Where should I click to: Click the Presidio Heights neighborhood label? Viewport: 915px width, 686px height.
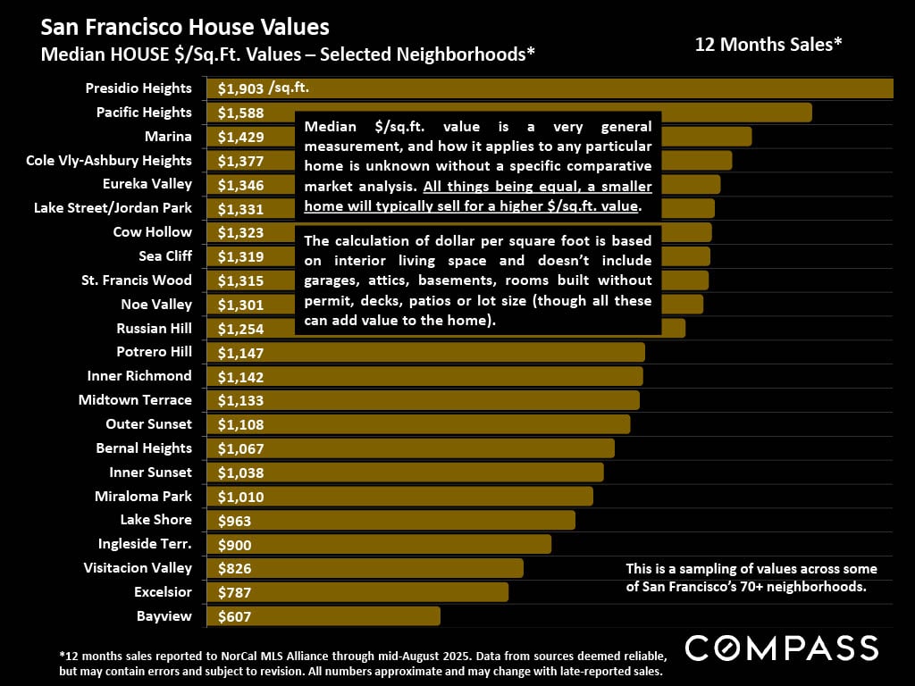(139, 88)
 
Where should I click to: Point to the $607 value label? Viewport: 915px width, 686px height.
(234, 616)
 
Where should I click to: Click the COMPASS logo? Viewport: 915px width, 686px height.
(781, 648)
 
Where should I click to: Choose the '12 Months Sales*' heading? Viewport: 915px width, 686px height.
(768, 44)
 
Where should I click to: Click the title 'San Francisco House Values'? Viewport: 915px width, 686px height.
(185, 28)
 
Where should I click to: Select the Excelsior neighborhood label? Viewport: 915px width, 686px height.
(163, 592)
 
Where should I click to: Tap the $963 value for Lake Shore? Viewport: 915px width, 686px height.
(234, 521)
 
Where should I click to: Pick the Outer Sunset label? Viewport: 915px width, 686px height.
(148, 424)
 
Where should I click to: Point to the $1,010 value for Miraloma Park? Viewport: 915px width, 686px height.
(240, 497)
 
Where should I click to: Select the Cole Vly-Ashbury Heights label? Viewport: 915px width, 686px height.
(109, 161)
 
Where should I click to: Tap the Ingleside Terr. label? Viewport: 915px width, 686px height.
(145, 544)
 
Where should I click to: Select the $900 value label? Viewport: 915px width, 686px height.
(234, 545)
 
